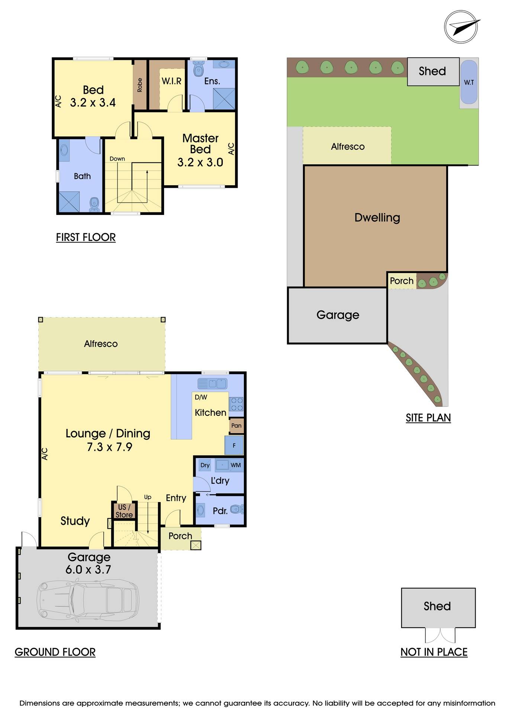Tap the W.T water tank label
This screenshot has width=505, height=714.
[469, 82]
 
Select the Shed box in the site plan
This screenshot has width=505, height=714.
[433, 71]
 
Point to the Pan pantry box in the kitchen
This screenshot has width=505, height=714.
[236, 426]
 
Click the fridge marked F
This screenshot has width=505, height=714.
[234, 445]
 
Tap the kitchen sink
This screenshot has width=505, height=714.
[212, 383]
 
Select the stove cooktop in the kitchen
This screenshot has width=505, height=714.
[236, 404]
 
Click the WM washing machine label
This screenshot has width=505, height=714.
[236, 465]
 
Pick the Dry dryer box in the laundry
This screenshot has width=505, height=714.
[205, 465]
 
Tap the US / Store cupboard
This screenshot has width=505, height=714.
[124, 511]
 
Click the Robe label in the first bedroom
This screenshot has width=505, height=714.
[140, 85]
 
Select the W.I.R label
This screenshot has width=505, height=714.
[171, 81]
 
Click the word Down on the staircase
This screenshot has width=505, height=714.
[117, 159]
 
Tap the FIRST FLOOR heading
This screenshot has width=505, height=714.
[86, 237]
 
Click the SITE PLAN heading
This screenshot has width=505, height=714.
[428, 418]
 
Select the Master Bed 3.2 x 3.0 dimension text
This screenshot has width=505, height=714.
[200, 163]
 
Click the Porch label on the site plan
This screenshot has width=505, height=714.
[402, 281]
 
